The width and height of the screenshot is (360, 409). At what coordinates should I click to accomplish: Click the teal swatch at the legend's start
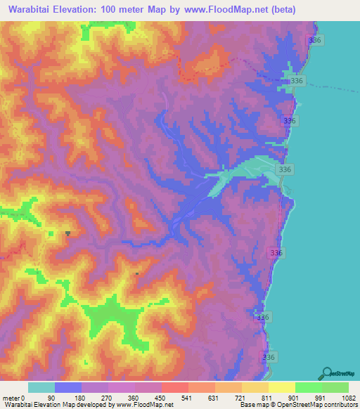41,387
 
